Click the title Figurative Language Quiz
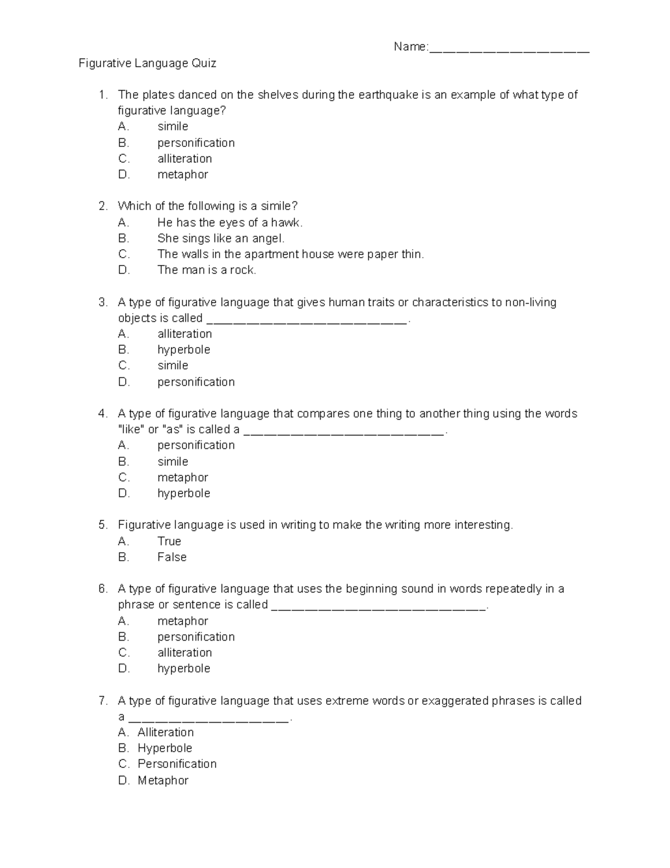(x=147, y=63)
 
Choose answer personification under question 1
(x=195, y=143)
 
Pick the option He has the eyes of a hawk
(x=229, y=222)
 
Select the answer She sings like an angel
(x=221, y=239)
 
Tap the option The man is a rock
(x=207, y=271)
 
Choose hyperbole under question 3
(x=184, y=350)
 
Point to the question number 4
(x=102, y=414)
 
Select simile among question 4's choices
(x=173, y=462)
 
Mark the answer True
(x=169, y=542)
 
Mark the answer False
(x=172, y=557)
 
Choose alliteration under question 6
(x=184, y=653)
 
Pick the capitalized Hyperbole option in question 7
(x=165, y=748)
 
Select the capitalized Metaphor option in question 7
(x=163, y=781)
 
